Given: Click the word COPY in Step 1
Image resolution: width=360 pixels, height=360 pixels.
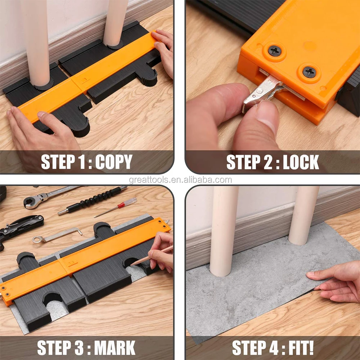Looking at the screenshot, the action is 114,162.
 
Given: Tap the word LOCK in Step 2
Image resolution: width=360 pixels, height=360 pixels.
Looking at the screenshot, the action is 301,162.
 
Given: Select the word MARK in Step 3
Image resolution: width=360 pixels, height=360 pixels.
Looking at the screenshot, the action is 115,348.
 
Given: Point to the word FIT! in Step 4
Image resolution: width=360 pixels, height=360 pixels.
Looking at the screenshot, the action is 301,348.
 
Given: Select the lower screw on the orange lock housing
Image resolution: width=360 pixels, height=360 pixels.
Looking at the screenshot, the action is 309,72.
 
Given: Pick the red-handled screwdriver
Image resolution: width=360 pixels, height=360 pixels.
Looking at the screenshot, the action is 116,207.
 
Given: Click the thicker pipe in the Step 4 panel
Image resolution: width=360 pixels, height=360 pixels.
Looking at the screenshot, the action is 223,231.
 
